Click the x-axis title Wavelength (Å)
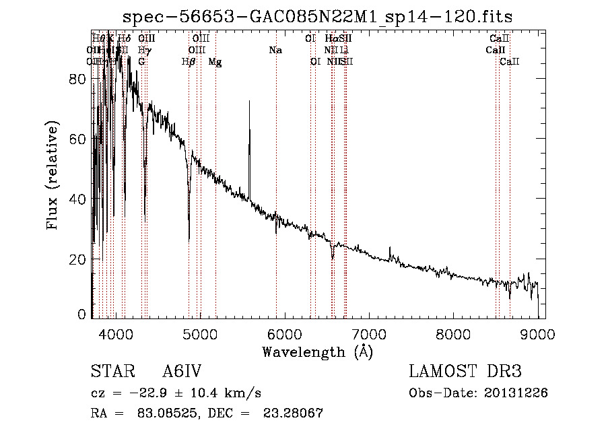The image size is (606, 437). click(x=317, y=351)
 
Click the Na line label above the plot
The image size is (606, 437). click(x=275, y=51)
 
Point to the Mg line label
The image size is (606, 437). click(x=215, y=62)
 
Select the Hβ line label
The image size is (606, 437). click(x=189, y=62)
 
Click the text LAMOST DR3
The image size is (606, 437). click(x=465, y=372)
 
